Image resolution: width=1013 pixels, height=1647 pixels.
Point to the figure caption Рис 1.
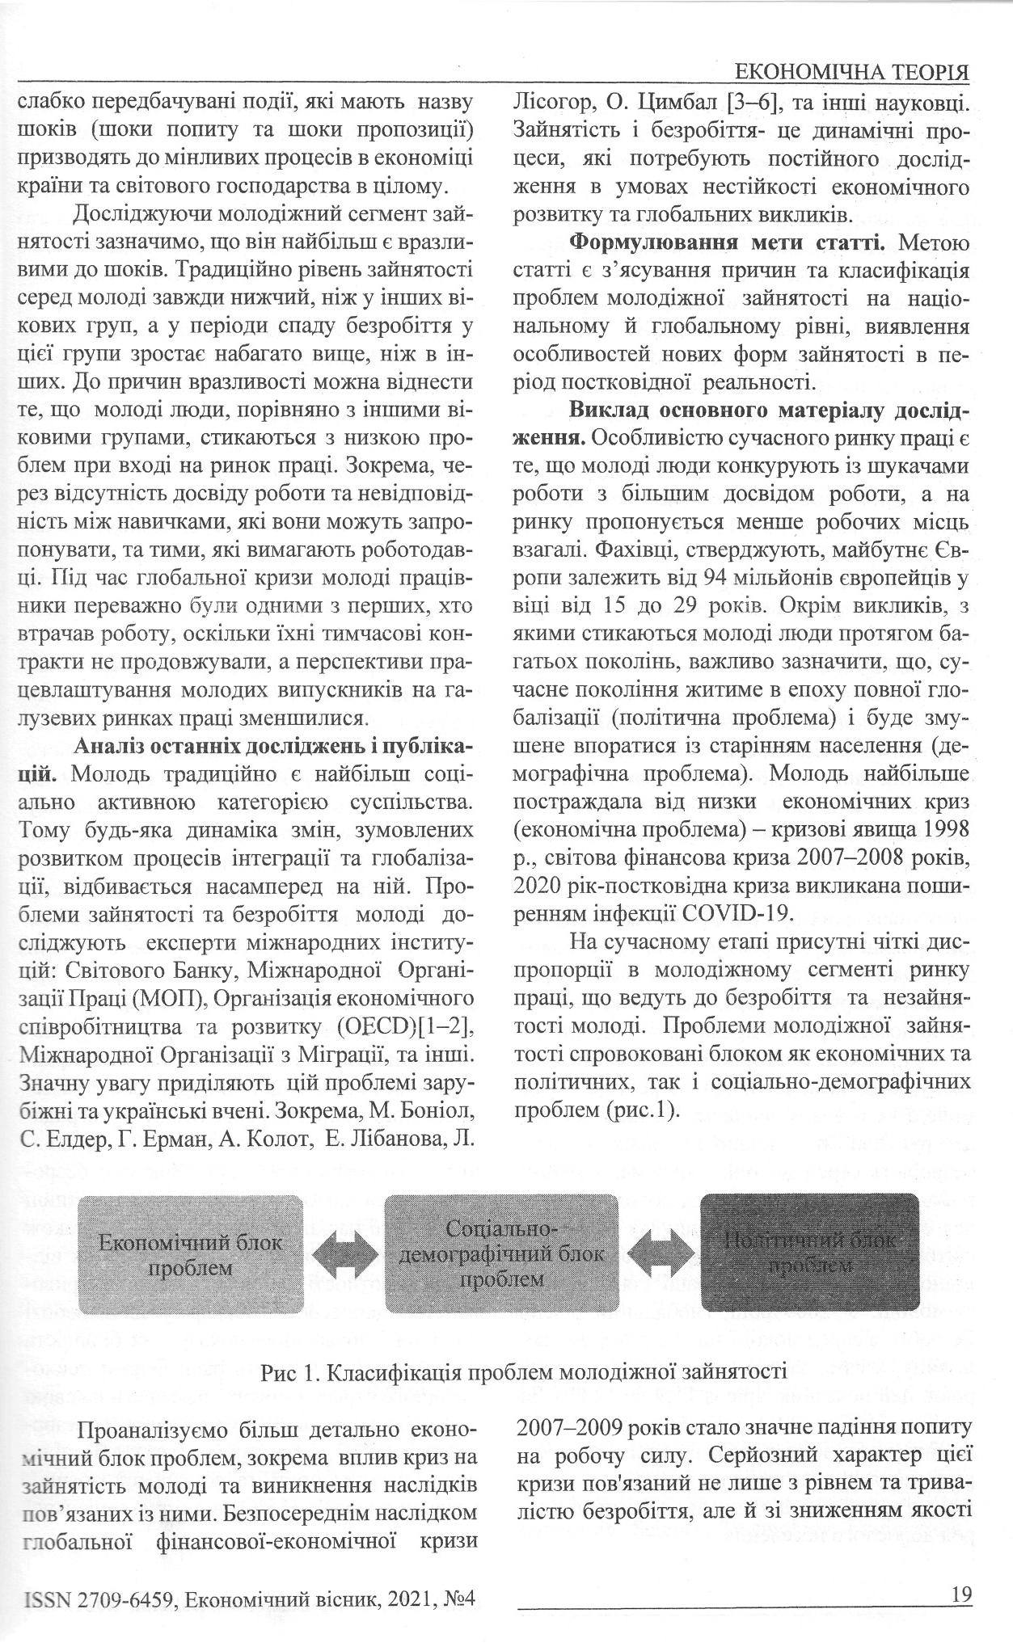(524, 1371)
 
